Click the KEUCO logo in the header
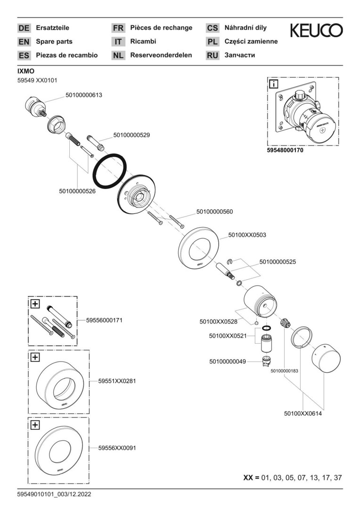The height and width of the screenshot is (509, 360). click(316, 31)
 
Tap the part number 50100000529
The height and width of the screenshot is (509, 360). click(131, 135)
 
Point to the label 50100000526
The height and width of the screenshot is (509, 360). click(77, 191)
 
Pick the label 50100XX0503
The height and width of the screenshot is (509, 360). click(247, 234)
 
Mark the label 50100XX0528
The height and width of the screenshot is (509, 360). click(218, 321)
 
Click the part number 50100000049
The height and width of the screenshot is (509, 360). click(228, 361)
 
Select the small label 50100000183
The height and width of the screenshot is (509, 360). click(284, 371)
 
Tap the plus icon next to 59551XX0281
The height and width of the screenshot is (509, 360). click(35, 357)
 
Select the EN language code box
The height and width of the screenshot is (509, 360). click(24, 41)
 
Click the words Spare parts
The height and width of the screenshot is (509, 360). click(54, 41)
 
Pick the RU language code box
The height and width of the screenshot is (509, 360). click(213, 55)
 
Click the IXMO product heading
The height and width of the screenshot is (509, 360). click(25, 71)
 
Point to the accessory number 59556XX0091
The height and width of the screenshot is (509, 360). click(117, 447)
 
